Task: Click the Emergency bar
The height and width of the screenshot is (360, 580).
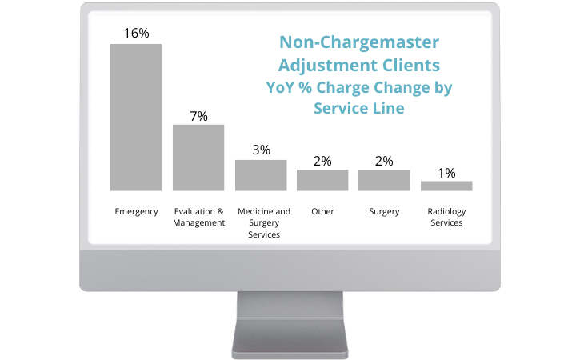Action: point(136,117)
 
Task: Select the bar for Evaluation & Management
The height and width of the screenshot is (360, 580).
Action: point(198,158)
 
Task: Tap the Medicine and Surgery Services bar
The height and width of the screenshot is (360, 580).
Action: point(260,175)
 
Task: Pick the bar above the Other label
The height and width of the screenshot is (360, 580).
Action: point(322,180)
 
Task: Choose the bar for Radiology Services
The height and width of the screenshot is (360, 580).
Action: point(446,186)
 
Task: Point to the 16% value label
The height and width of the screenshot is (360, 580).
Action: point(136,33)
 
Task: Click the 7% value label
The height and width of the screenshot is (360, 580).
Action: point(198,116)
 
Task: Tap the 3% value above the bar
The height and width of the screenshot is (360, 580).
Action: point(261,150)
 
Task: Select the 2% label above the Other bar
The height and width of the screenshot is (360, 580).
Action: point(322,160)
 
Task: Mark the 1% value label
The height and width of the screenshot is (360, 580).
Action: point(446,172)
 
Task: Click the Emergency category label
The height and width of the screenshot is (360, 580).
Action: point(136,212)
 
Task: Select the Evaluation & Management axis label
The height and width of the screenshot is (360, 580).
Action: point(198,217)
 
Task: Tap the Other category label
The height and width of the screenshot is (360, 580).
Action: point(322,212)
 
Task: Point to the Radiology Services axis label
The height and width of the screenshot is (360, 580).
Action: point(446,217)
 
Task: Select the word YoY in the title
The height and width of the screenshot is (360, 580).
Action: point(282,86)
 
